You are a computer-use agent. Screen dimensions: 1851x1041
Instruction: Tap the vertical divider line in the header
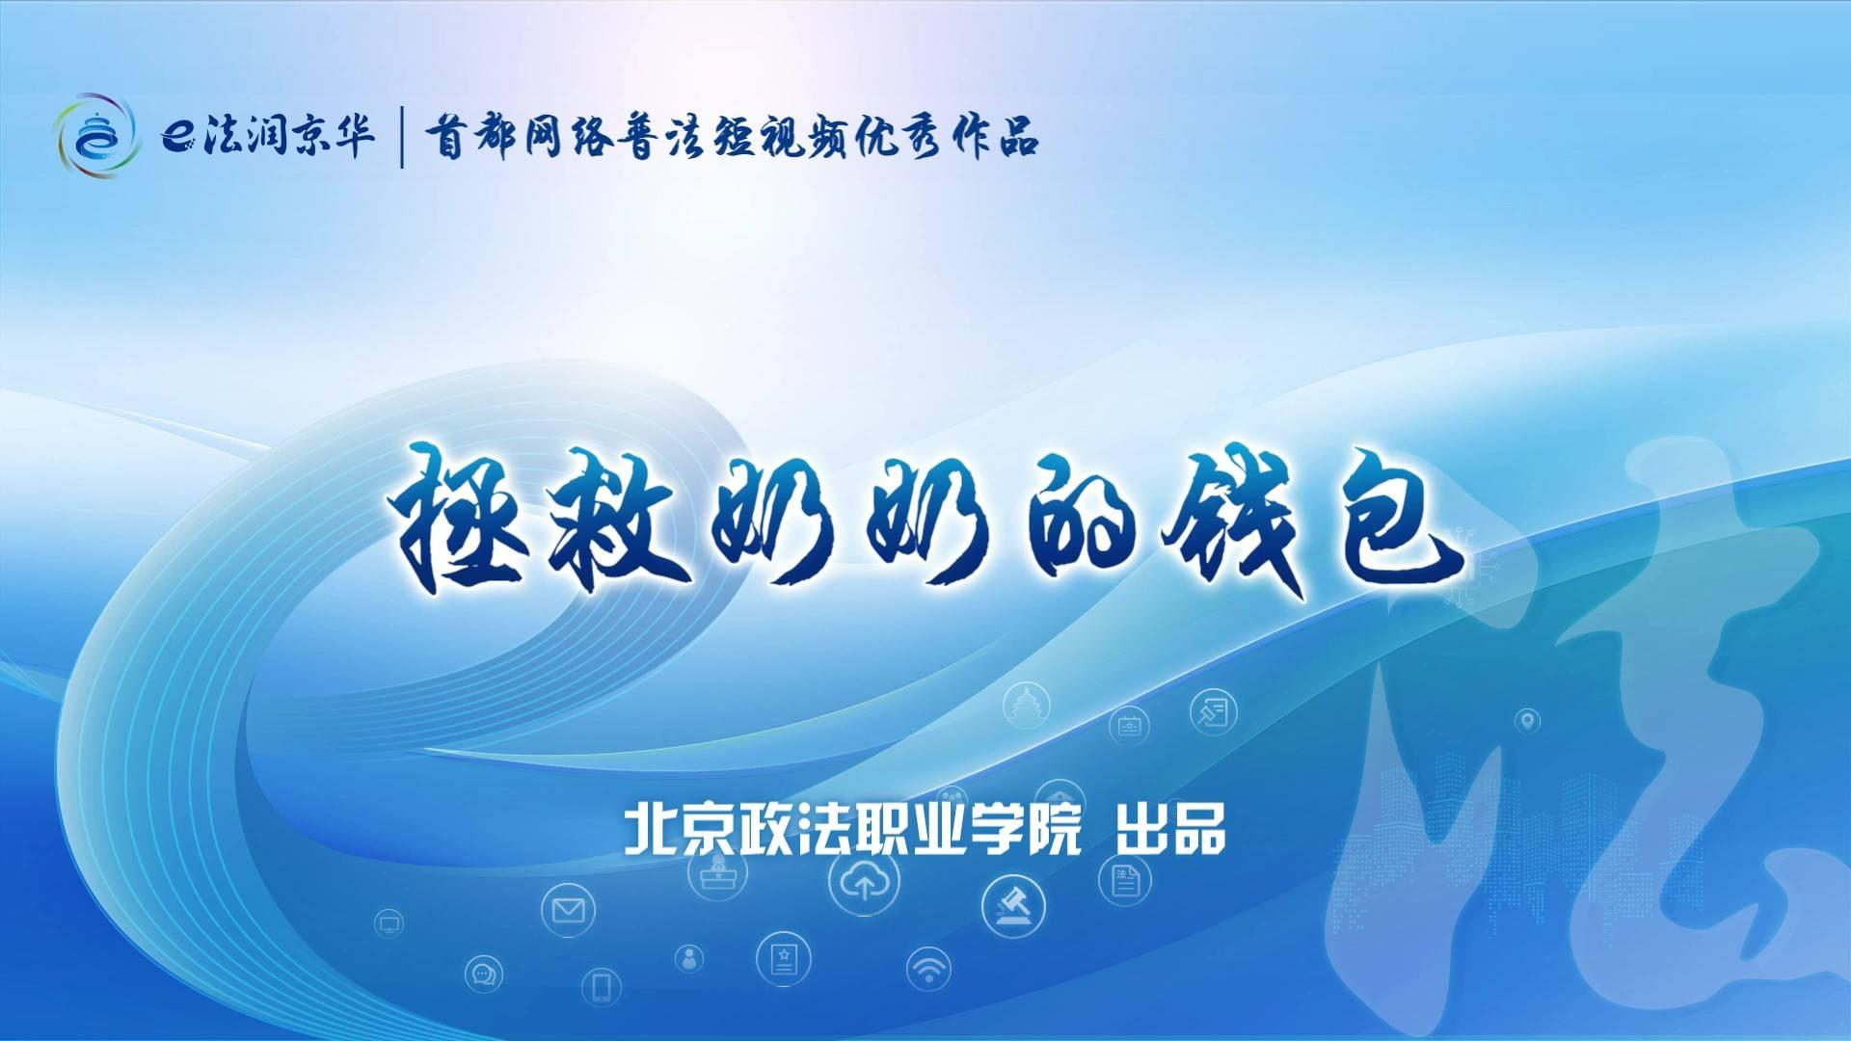pyautogui.click(x=402, y=138)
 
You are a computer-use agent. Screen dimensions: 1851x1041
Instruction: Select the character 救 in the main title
pyautogui.click(x=617, y=520)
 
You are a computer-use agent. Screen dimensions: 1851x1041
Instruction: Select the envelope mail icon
pyautogui.click(x=568, y=909)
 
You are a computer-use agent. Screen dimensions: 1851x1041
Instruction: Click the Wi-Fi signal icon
pyautogui.click(x=929, y=969)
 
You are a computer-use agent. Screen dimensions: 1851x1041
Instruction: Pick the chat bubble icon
pyautogui.click(x=483, y=974)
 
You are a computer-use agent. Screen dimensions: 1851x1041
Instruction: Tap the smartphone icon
pyautogui.click(x=602, y=986)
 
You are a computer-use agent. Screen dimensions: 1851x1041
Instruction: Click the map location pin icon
pyautogui.click(x=1527, y=720)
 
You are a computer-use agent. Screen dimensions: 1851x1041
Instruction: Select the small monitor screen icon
pyautogui.click(x=389, y=924)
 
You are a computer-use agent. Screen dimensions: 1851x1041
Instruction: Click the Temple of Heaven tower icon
pyautogui.click(x=1026, y=706)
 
